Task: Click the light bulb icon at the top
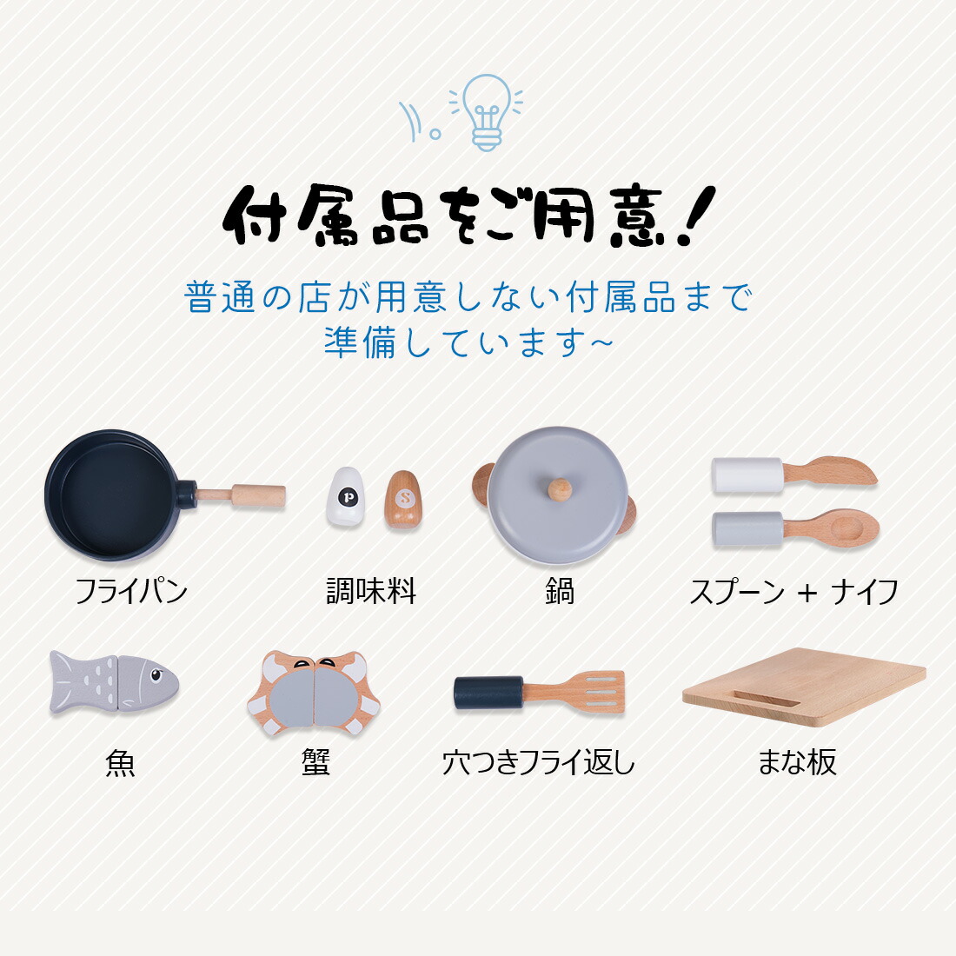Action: click(487, 112)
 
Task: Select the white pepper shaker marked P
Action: click(346, 496)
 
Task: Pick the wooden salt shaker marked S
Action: click(403, 500)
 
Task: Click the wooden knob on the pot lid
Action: click(559, 489)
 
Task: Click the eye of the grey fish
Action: click(156, 674)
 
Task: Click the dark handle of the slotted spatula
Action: click(488, 693)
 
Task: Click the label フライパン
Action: click(130, 591)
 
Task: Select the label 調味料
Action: click(371, 591)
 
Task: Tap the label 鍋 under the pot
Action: click(560, 591)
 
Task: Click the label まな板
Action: click(797, 762)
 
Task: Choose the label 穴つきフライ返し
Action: click(538, 763)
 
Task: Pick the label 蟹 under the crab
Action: click(315, 762)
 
